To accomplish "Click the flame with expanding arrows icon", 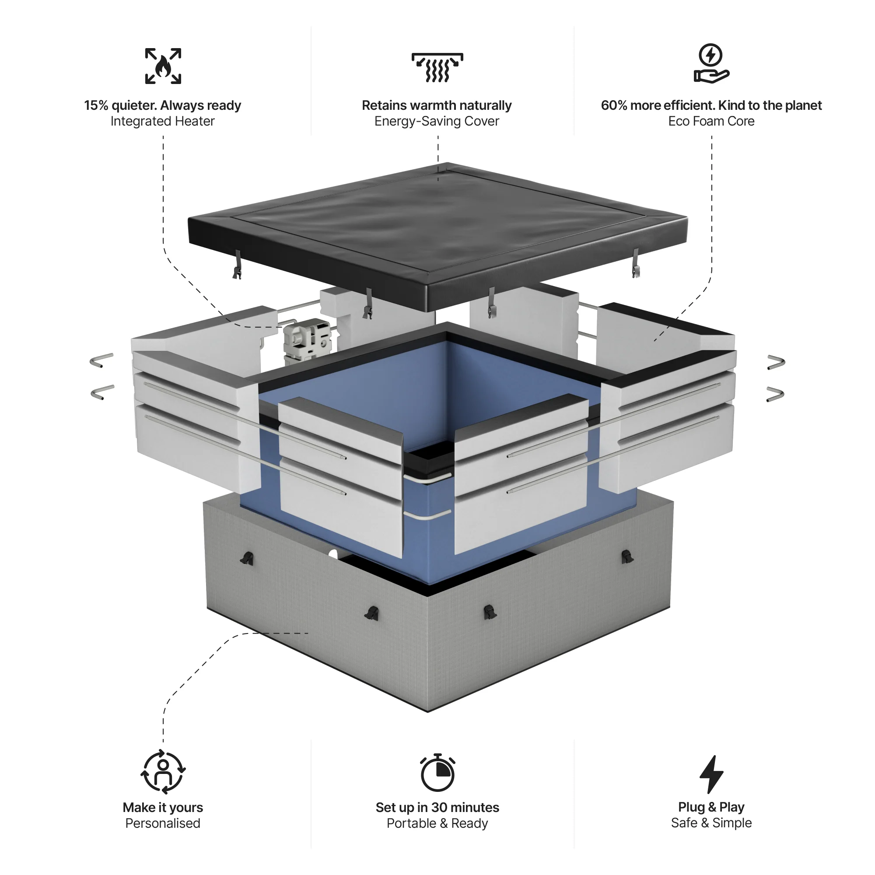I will click(163, 66).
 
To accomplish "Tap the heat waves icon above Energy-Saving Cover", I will click(437, 67).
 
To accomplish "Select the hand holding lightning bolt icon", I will click(710, 63).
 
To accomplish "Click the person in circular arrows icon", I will click(163, 772).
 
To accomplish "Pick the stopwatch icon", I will click(437, 773).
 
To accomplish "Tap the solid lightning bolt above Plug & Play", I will click(711, 774).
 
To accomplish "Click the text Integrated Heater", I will click(162, 121).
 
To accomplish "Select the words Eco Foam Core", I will click(711, 121).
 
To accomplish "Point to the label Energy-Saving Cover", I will click(437, 121).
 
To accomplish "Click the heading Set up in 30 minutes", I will click(437, 807).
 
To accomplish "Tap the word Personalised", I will click(163, 823).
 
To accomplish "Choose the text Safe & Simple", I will click(711, 822).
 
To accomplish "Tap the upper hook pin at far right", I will click(776, 362).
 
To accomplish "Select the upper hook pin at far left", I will click(101, 360).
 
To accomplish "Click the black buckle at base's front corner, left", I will click(372, 613).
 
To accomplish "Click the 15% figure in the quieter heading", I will click(96, 105).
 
